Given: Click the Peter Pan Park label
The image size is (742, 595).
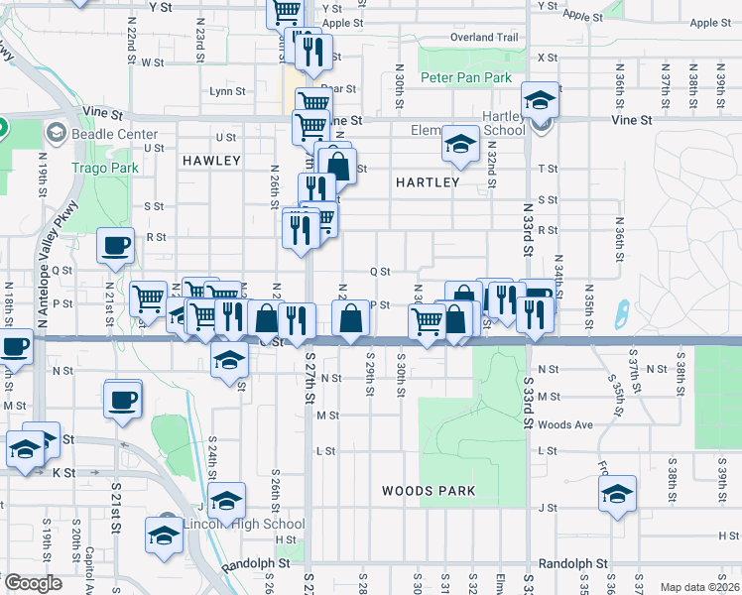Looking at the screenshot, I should coord(465,77).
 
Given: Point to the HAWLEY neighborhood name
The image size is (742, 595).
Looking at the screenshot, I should coord(211,161).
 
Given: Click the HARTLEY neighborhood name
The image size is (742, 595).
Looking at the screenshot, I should coord(428,182).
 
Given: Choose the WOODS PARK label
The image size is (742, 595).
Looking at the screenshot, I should coord(429,491).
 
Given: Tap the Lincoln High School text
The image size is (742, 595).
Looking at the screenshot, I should coord(243,525).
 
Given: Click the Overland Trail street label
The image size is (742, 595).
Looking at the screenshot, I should coord(484,38).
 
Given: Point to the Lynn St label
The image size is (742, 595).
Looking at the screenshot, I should coord(228,91).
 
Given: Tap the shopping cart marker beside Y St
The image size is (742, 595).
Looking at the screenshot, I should coord(285,11).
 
